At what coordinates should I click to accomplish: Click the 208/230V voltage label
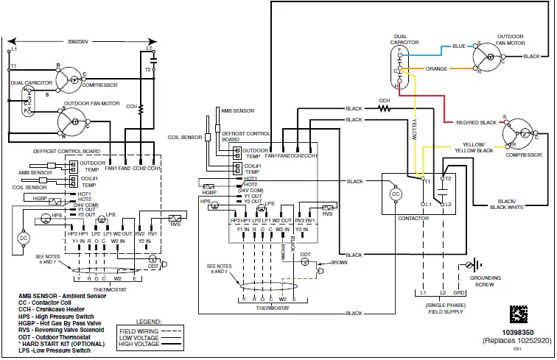(x=78, y=43)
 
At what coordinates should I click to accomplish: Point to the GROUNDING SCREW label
(x=486, y=280)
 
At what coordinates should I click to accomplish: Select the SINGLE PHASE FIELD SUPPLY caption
(x=444, y=308)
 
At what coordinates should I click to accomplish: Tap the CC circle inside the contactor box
(x=396, y=193)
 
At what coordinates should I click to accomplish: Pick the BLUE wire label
(x=458, y=46)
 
